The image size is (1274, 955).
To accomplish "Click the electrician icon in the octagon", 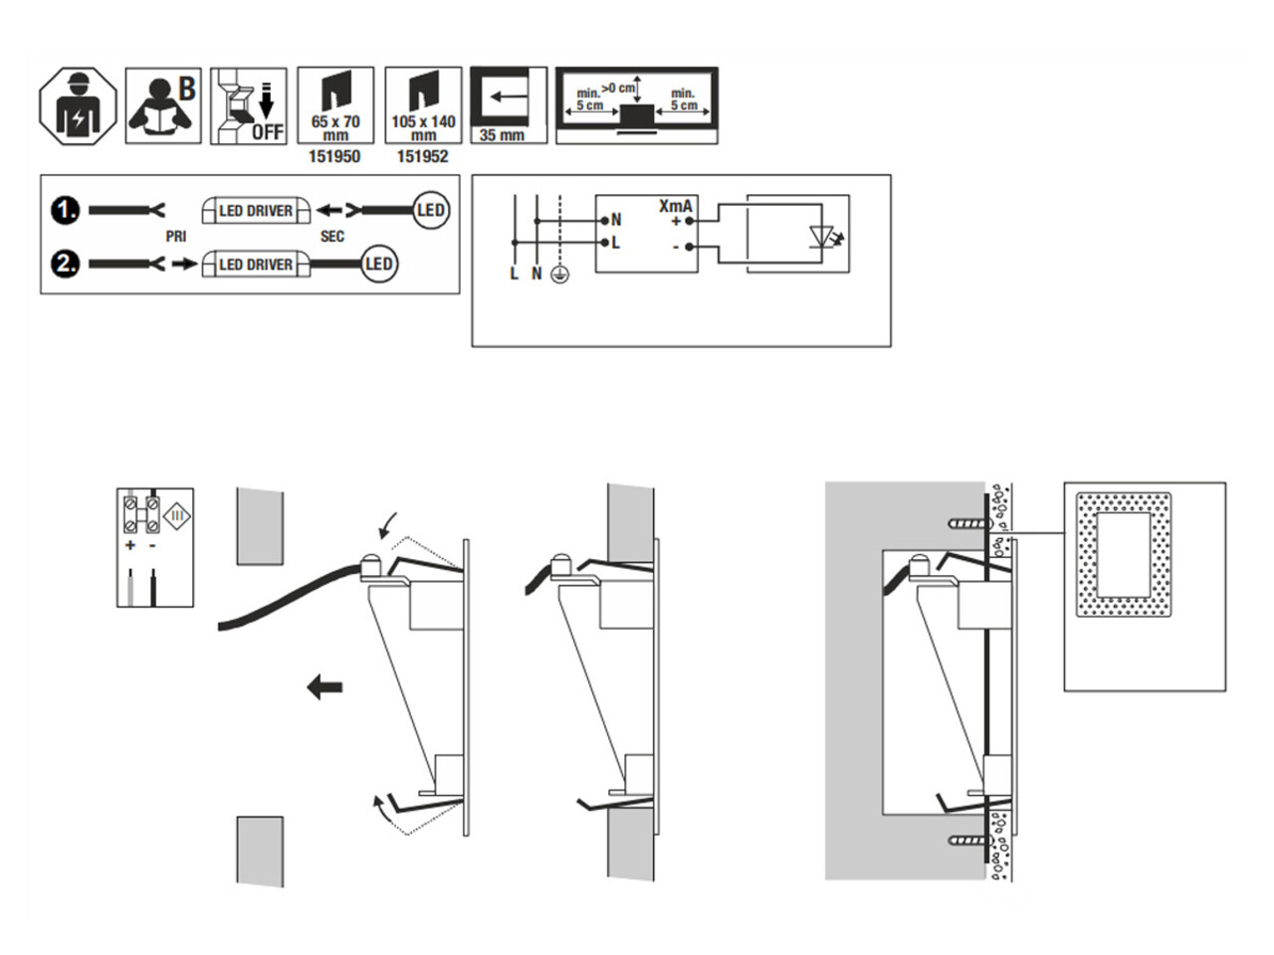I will tap(78, 105).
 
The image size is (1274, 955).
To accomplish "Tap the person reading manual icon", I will tap(163, 105).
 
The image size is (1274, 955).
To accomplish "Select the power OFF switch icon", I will tap(248, 105).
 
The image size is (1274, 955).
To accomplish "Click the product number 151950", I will tap(334, 157).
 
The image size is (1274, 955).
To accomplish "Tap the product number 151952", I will tap(423, 157).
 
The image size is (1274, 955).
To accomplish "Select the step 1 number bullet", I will tap(66, 211).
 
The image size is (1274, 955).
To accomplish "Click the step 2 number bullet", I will tap(66, 265).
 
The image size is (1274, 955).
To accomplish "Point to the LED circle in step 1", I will tap(430, 211).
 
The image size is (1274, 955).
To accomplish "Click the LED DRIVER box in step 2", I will tap(255, 265).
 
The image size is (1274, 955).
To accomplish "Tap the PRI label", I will tap(176, 237).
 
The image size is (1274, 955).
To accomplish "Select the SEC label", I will tap(332, 237).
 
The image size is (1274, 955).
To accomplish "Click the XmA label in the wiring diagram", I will tap(675, 206).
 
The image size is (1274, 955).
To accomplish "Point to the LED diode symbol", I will tap(822, 237).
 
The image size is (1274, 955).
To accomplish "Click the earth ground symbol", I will tap(559, 274).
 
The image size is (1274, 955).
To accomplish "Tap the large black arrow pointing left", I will tap(324, 686).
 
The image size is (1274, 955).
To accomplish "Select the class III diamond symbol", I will tap(177, 515).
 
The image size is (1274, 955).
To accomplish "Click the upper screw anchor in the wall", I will tap(963, 522).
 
